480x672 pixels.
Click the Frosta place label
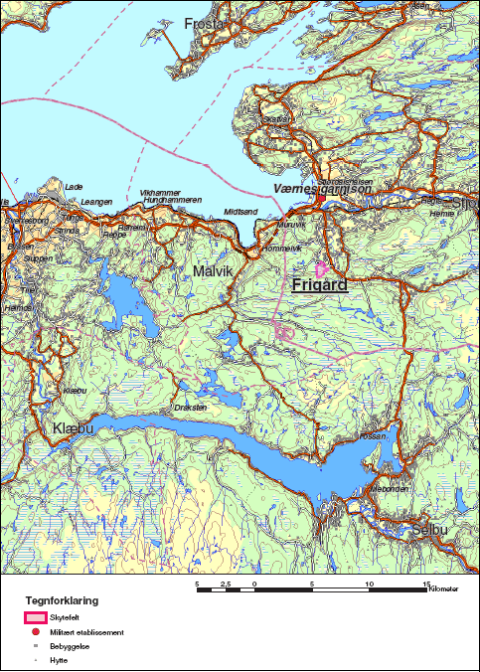[x=206, y=23]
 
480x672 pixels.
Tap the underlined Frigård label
[x=320, y=285]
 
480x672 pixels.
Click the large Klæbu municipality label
[x=73, y=428]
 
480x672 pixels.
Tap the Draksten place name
[x=190, y=408]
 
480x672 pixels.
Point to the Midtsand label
[x=240, y=212]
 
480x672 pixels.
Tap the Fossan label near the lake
[x=373, y=436]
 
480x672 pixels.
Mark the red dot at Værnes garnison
[x=319, y=198]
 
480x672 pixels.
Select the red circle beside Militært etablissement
[x=36, y=632]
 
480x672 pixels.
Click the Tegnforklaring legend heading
[x=62, y=600]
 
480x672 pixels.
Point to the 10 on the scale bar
[x=370, y=584]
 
